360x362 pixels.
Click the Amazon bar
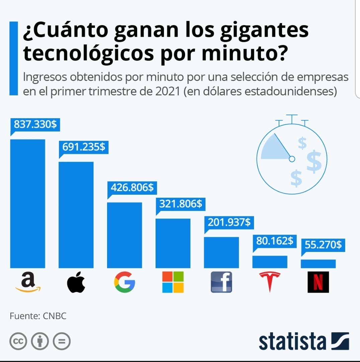(27, 204)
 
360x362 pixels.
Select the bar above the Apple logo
(76, 215)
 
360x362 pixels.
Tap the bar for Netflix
(318, 264)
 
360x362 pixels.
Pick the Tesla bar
(270, 262)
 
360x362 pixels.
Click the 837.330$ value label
(35, 124)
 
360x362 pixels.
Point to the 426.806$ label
(132, 187)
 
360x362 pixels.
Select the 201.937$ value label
(229, 222)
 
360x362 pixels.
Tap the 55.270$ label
(323, 245)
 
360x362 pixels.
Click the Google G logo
(124, 282)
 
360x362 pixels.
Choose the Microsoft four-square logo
(173, 282)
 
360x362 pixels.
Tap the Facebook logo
(221, 282)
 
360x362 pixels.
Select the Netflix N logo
(318, 282)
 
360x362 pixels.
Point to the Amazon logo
(28, 282)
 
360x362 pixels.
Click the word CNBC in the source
(55, 316)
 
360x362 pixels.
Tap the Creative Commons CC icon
(18, 341)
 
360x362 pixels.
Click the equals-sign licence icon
(62, 341)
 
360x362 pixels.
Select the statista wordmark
(292, 342)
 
